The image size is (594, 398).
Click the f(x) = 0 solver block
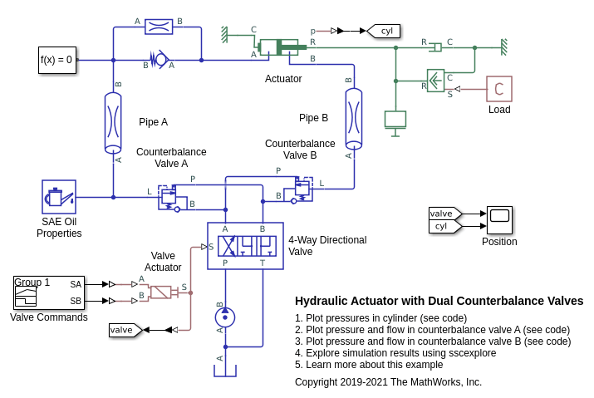click(57, 60)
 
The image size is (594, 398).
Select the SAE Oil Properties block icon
click(59, 197)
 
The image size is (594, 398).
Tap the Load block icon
click(499, 89)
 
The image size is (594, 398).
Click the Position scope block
click(499, 220)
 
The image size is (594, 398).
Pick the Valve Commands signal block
click(49, 292)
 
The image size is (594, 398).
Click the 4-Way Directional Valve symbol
click(245, 245)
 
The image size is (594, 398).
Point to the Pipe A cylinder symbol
click(113, 122)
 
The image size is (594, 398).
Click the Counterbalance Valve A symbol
click(169, 197)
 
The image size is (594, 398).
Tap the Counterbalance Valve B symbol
click(301, 189)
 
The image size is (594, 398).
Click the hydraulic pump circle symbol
click(225, 317)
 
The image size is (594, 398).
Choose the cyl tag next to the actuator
click(385, 31)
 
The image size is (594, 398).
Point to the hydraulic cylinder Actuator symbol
click(278, 47)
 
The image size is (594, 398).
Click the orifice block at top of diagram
click(159, 27)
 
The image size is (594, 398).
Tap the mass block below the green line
click(395, 119)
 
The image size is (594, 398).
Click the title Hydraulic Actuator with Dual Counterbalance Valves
click(439, 301)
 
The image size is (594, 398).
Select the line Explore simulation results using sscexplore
click(395, 352)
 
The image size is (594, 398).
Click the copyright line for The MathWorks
click(388, 382)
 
